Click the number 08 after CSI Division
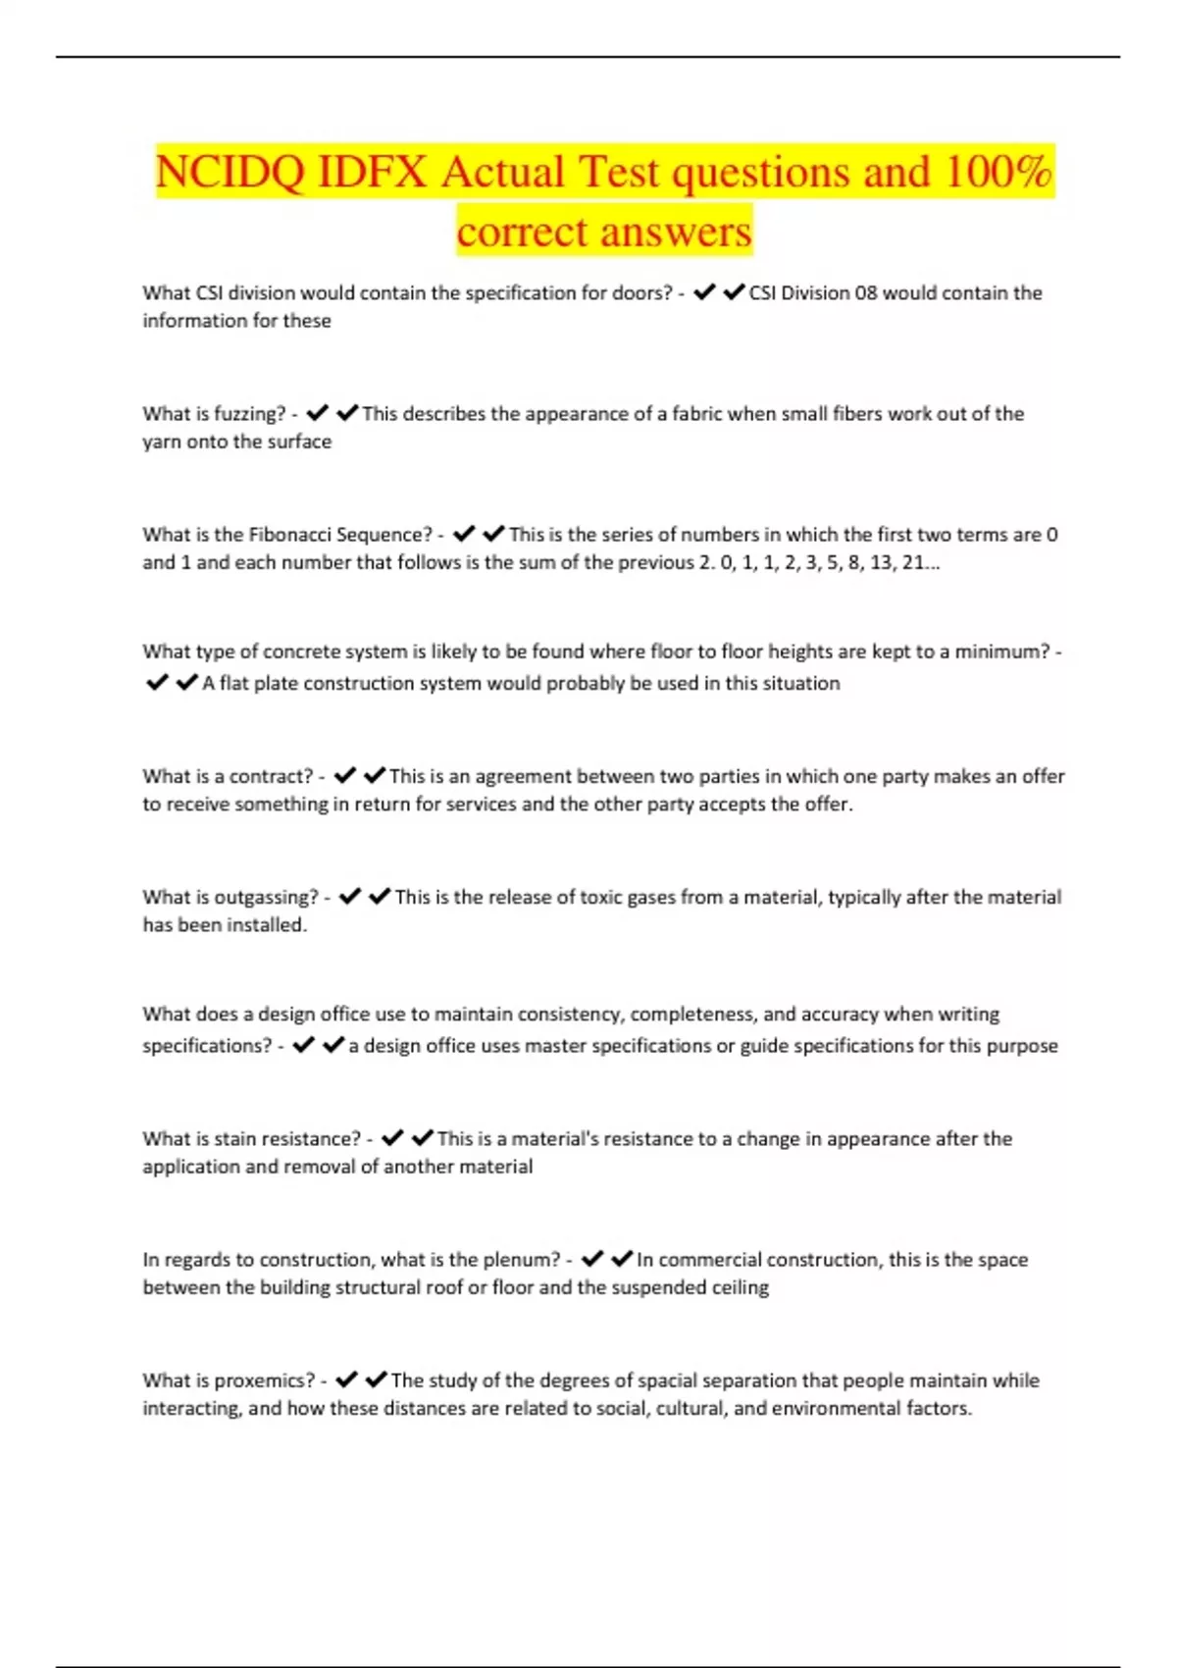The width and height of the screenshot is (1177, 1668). (865, 292)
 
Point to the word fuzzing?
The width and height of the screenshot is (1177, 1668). (249, 414)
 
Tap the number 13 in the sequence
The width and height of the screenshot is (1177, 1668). (881, 562)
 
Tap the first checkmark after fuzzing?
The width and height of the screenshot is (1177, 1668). (317, 413)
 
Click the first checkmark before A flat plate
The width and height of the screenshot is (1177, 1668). (157, 682)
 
